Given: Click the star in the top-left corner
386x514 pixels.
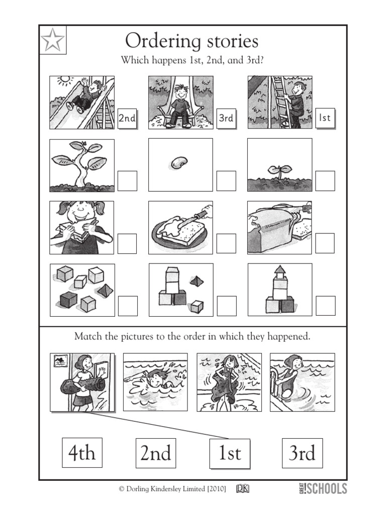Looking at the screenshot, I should [52, 40].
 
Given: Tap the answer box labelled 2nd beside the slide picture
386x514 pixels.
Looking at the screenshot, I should [127, 118].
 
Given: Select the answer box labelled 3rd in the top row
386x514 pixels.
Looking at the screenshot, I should [226, 118].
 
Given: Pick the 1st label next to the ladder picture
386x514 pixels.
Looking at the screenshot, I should [325, 118].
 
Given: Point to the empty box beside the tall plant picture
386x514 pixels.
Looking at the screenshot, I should [127, 181].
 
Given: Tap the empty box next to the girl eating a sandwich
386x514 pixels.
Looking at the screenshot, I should [127, 243].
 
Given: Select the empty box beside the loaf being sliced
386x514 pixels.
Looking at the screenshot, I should [325, 243].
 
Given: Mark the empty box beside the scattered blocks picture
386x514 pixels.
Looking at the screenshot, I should [127, 306].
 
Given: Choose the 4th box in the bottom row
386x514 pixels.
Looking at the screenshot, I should [82, 453].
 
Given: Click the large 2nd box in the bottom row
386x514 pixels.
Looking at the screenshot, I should [156, 453].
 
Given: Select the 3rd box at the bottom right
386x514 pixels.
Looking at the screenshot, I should [302, 453].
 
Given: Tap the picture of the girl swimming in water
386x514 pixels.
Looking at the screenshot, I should [155, 381].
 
